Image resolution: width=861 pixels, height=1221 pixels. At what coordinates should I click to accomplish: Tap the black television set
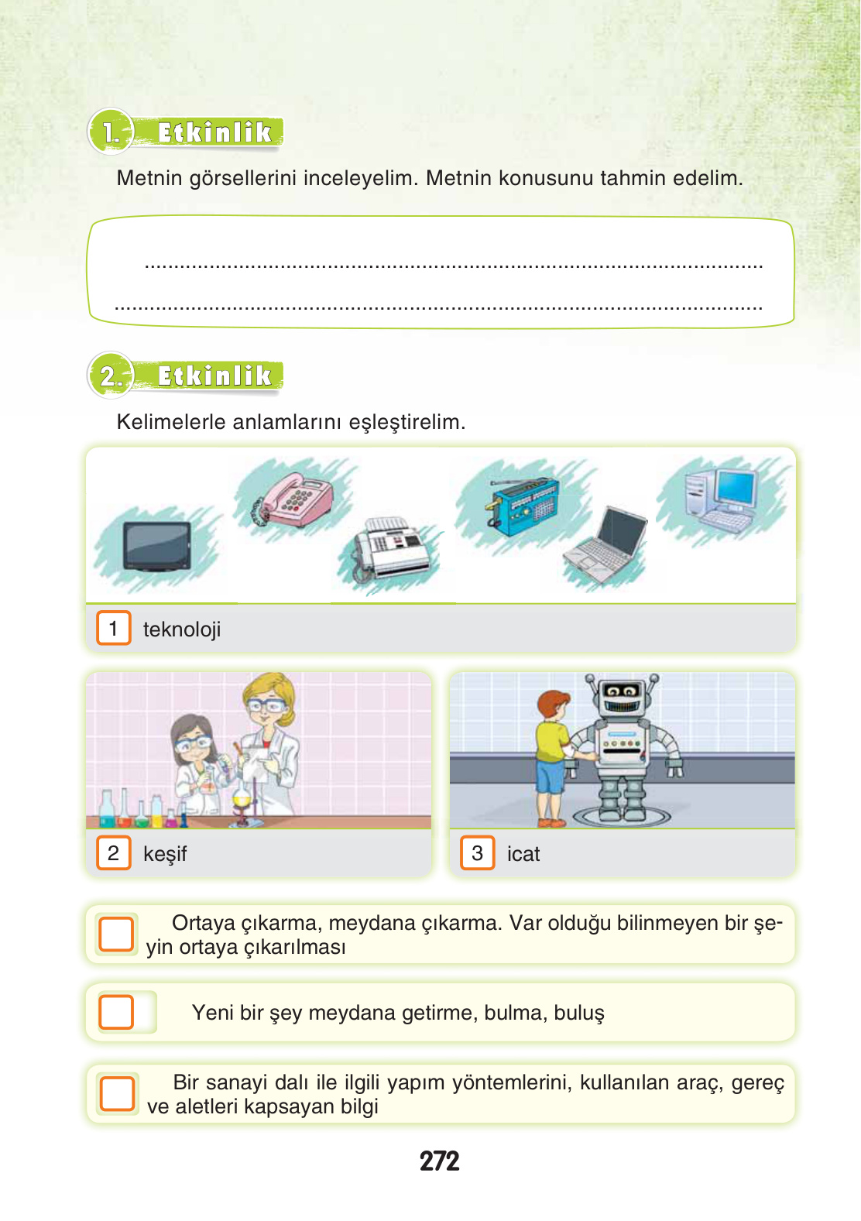(x=157, y=546)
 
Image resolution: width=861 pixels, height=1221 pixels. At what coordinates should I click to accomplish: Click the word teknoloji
(x=182, y=629)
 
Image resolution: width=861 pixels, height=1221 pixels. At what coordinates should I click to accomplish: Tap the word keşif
(x=165, y=854)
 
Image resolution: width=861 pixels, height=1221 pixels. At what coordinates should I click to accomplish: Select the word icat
(x=523, y=854)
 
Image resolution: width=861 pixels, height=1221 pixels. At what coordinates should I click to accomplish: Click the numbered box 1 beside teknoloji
(x=113, y=629)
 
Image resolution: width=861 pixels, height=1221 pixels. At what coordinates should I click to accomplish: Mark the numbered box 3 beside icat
(x=477, y=853)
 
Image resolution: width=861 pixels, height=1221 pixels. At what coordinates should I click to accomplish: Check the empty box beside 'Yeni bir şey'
(x=116, y=1012)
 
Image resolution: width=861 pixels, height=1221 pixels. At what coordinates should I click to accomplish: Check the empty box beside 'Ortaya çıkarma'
(x=116, y=935)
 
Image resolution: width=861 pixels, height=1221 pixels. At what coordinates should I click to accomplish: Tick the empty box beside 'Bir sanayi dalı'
(x=117, y=1093)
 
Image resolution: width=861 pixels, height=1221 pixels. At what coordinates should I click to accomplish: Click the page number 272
(x=439, y=1161)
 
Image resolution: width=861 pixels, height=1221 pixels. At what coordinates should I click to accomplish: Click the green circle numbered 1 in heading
(x=111, y=132)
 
